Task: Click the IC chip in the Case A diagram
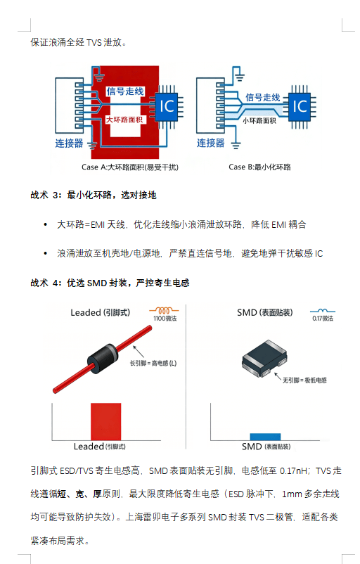pyautogui.click(x=167, y=106)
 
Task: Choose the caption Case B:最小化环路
pyautogui.click(x=259, y=167)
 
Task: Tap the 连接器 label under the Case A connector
pyautogui.click(x=69, y=143)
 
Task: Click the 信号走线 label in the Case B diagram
pyautogui.click(x=263, y=98)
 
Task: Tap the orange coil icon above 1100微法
pyautogui.click(x=164, y=310)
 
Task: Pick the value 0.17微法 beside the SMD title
pyautogui.click(x=323, y=319)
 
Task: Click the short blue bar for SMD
pyautogui.click(x=265, y=437)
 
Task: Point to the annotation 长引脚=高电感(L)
pyautogui.click(x=153, y=363)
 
